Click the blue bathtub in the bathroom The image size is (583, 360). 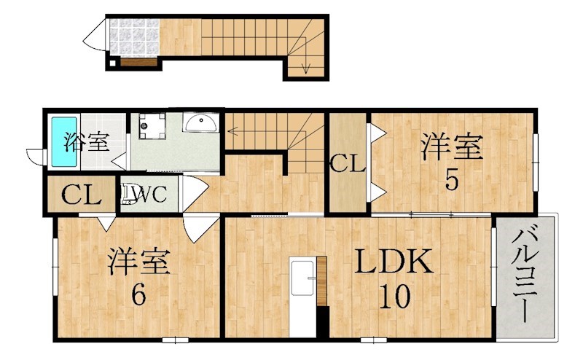pyautogui.click(x=60, y=141)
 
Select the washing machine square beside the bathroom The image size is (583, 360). pyautogui.click(x=151, y=128)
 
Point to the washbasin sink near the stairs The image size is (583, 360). pyautogui.click(x=200, y=124)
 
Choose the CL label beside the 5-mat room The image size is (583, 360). pyautogui.click(x=347, y=164)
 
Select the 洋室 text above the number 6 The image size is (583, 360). pyautogui.click(x=139, y=262)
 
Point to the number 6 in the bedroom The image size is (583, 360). pyautogui.click(x=138, y=294)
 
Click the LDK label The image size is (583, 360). pyautogui.click(x=394, y=262)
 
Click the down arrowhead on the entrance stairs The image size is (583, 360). pyautogui.click(x=306, y=71)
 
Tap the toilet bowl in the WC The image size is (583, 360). pyautogui.click(x=131, y=195)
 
